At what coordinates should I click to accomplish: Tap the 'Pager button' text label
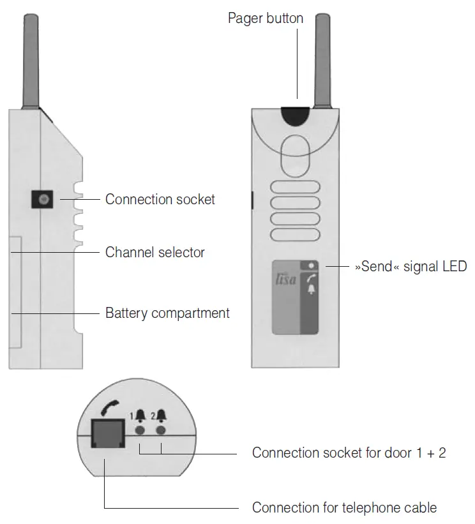pos(266,18)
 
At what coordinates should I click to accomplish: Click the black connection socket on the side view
pos(42,200)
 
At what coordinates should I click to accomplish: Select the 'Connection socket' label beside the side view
pos(160,199)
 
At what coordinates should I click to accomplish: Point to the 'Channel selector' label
pos(155,252)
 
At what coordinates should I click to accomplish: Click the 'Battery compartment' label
pos(167,313)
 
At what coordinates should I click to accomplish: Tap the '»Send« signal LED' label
pos(411,266)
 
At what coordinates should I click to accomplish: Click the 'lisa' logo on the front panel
pos(285,280)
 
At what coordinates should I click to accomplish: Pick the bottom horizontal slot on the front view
pos(296,234)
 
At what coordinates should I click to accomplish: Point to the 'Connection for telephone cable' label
pos(344,508)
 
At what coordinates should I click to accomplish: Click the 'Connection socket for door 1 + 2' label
pos(349,453)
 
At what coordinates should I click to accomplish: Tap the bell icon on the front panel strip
pos(311,290)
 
